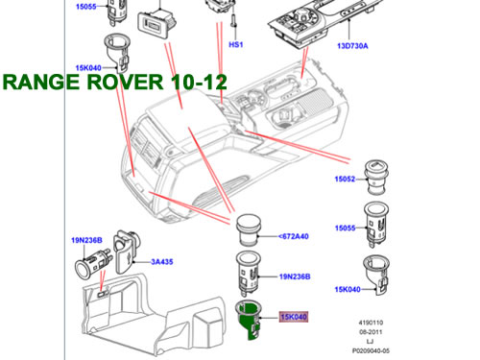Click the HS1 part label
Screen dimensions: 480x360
point(236,45)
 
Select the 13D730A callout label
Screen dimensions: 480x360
point(352,46)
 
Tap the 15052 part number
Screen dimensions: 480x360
point(345,180)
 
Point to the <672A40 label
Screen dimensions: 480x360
point(294,236)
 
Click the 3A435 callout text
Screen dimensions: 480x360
point(162,262)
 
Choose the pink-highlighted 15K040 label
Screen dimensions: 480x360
point(294,317)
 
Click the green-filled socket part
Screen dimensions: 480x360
point(250,320)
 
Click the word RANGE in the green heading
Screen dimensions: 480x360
point(41,82)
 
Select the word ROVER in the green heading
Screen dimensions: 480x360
point(125,82)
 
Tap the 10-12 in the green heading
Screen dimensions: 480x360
point(199,82)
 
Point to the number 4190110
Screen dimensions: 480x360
point(371,323)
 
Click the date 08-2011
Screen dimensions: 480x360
point(371,332)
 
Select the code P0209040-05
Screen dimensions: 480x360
point(371,350)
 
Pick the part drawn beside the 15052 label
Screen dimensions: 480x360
point(377,178)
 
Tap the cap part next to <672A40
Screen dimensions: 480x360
point(249,229)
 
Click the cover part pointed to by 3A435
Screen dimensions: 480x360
point(128,252)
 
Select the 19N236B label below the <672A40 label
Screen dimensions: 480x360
point(295,276)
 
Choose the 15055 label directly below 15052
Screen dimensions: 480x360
point(345,228)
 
